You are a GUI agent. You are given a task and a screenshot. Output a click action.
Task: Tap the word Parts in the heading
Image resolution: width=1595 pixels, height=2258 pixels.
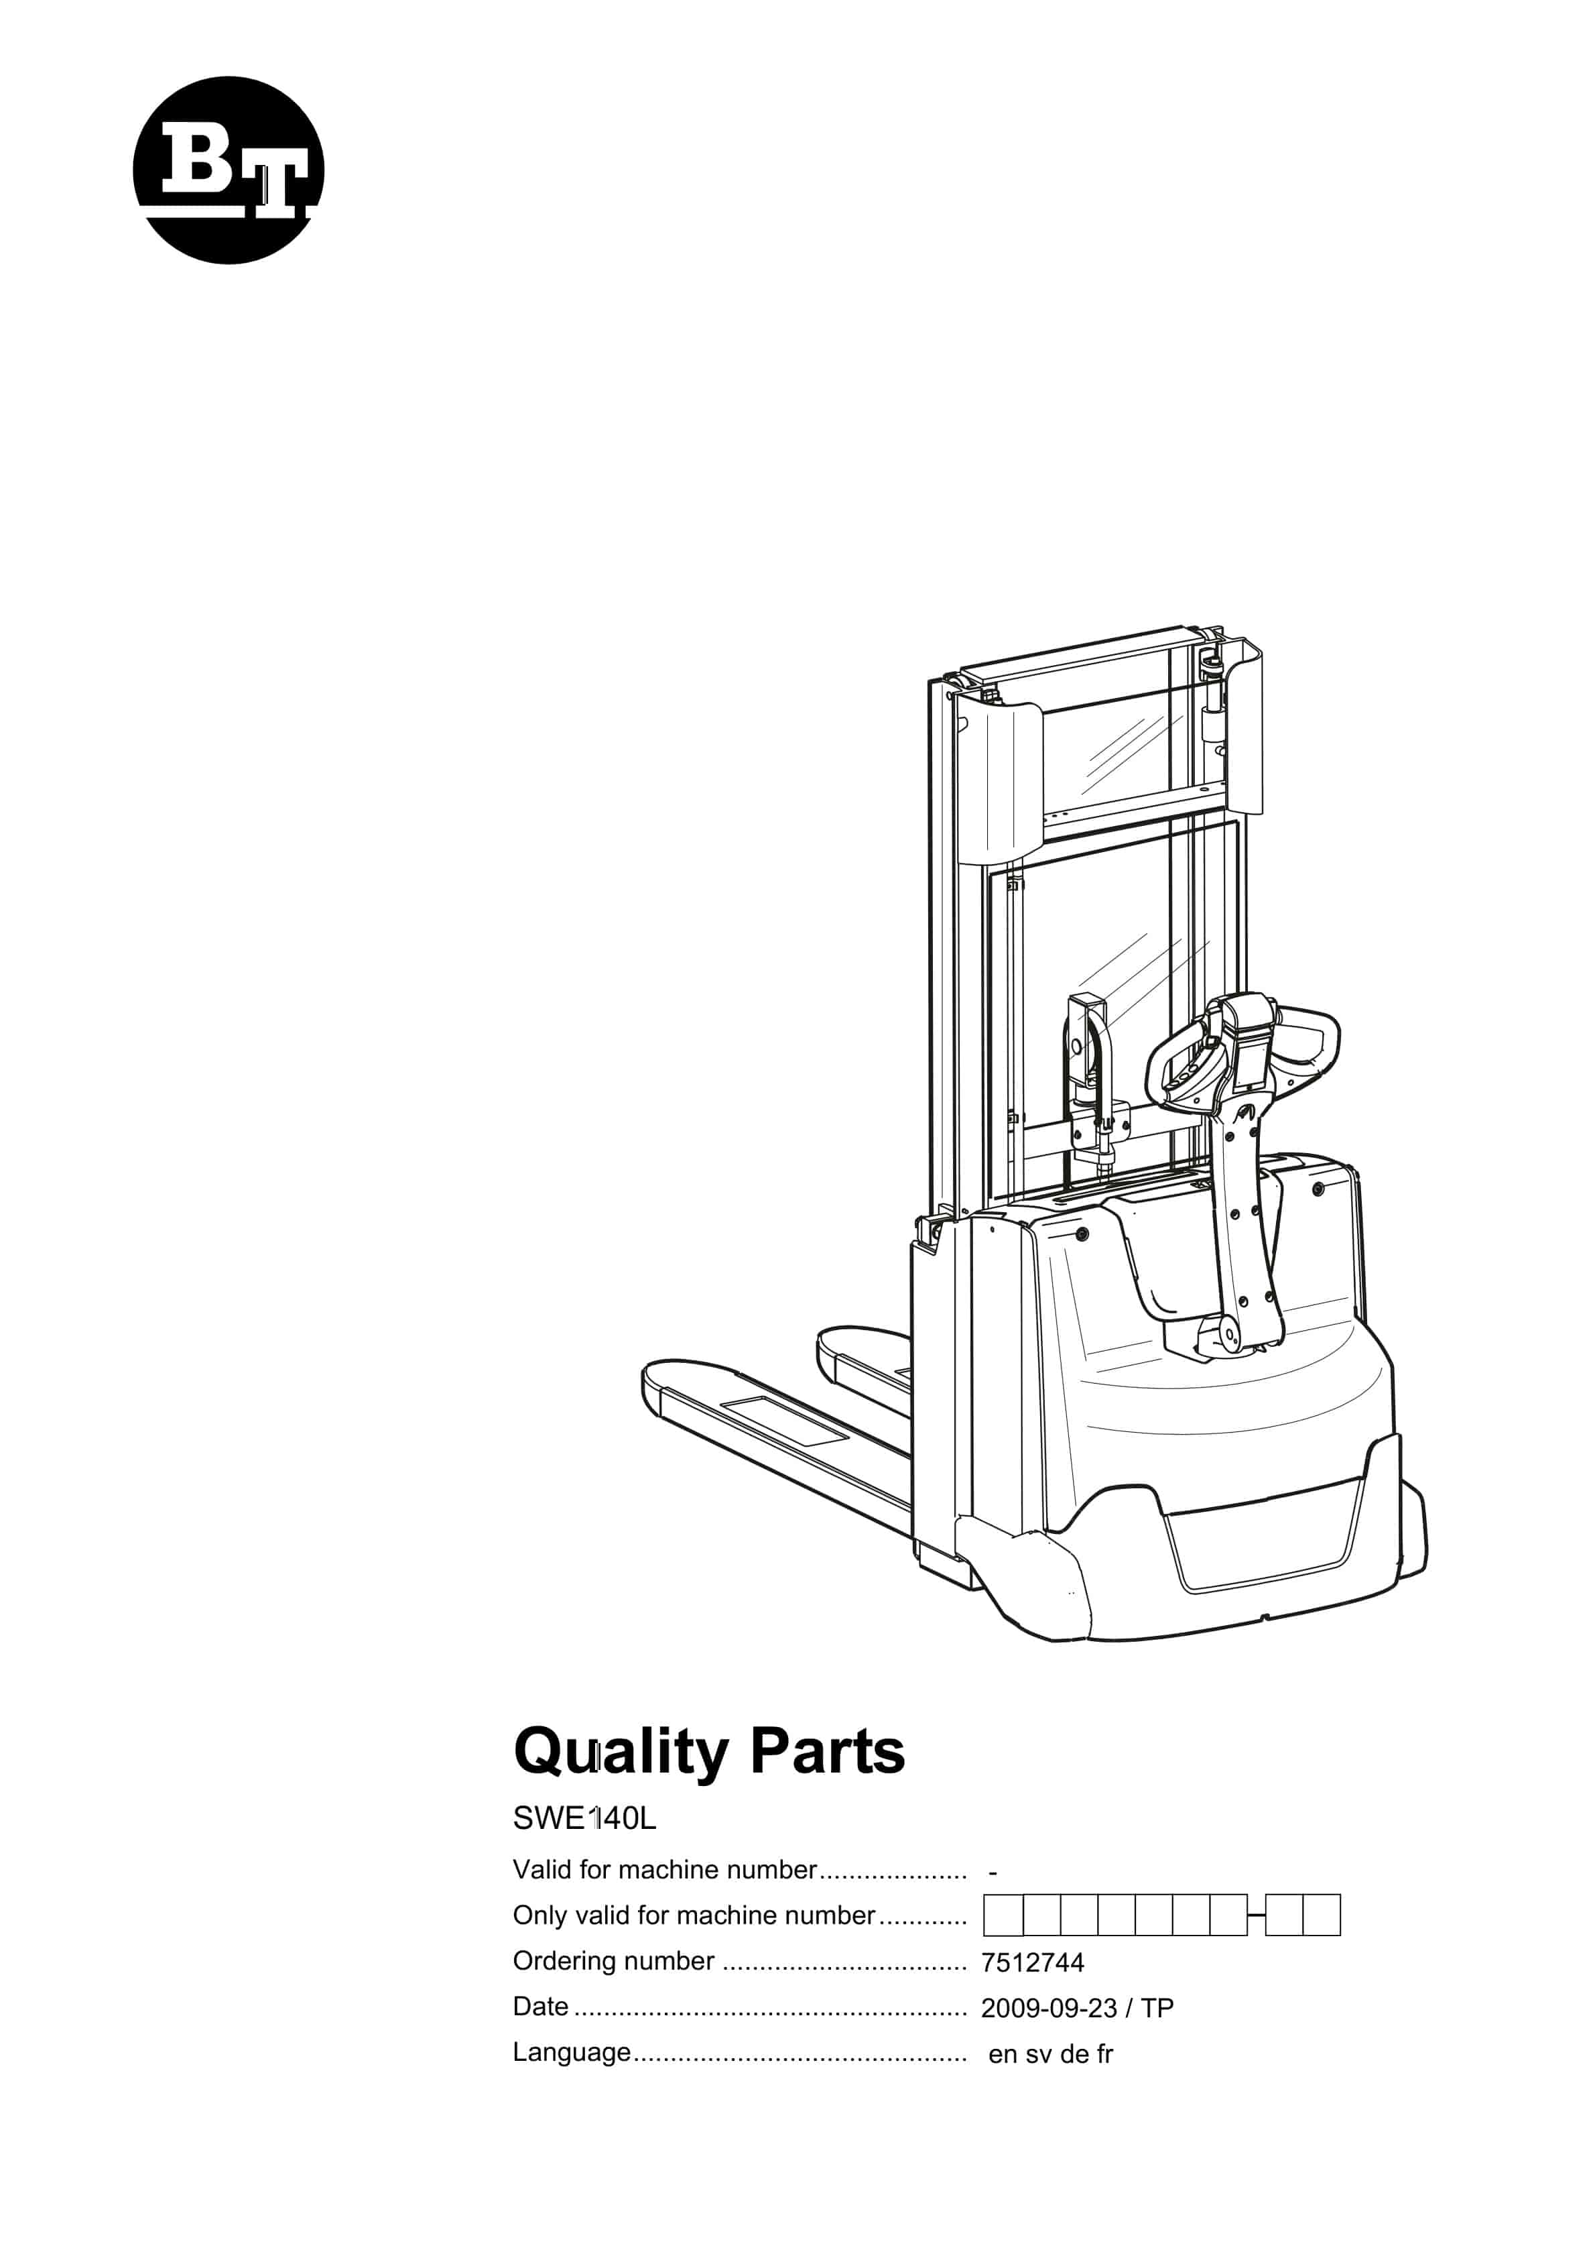click(827, 1752)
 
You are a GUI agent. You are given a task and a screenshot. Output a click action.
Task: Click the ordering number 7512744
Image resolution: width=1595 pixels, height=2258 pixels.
click(1031, 1963)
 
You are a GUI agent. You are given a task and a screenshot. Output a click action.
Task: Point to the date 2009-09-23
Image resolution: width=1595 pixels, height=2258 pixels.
click(1048, 2008)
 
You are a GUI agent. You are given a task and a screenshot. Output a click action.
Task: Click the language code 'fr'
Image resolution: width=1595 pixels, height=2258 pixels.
click(1104, 2054)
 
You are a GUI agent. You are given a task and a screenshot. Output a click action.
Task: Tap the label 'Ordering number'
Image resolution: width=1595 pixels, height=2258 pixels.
click(614, 1961)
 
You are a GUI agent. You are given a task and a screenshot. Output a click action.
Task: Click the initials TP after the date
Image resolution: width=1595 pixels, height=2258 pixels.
click(1157, 2008)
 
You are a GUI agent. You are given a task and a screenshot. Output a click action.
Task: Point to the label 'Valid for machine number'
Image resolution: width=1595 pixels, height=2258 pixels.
click(665, 1870)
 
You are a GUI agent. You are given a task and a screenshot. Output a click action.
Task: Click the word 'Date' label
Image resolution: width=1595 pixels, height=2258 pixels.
click(541, 2006)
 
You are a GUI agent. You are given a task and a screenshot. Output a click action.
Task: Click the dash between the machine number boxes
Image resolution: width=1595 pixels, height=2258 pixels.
click(1256, 1915)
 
